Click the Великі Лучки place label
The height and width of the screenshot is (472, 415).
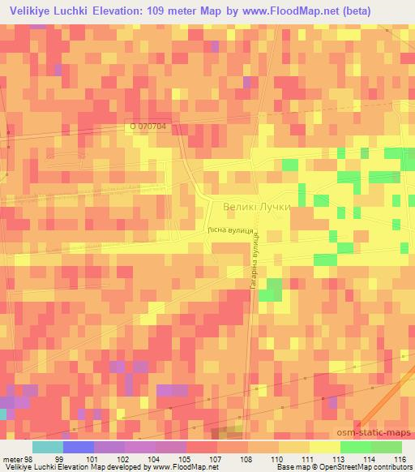pyautogui.click(x=250, y=207)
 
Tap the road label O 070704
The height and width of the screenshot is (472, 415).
pyautogui.click(x=152, y=127)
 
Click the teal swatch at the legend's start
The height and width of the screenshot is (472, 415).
pyautogui.click(x=47, y=447)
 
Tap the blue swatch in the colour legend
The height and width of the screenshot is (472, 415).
pyautogui.click(x=78, y=447)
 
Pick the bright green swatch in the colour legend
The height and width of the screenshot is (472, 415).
pyautogui.click(x=355, y=447)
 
